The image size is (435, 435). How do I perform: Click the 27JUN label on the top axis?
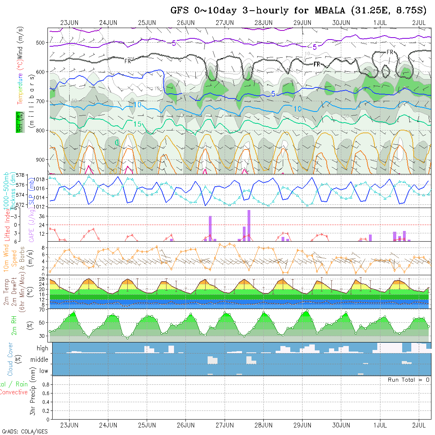(x=225, y=23)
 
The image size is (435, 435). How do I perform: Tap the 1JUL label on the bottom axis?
(x=380, y=425)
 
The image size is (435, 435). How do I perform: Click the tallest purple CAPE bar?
(x=249, y=225)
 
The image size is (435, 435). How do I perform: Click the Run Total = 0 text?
(x=409, y=380)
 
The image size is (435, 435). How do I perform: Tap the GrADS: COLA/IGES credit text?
(x=25, y=431)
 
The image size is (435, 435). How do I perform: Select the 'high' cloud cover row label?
(x=42, y=348)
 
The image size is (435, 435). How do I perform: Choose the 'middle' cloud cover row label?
(x=40, y=359)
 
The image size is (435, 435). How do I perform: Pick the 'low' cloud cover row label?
(x=43, y=371)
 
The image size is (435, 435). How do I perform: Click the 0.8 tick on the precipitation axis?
(x=45, y=384)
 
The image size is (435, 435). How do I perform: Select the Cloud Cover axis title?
(x=10, y=359)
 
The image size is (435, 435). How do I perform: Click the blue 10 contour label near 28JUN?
(x=298, y=109)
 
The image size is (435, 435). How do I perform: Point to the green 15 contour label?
(x=137, y=124)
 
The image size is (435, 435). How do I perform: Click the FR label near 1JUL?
(x=390, y=52)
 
